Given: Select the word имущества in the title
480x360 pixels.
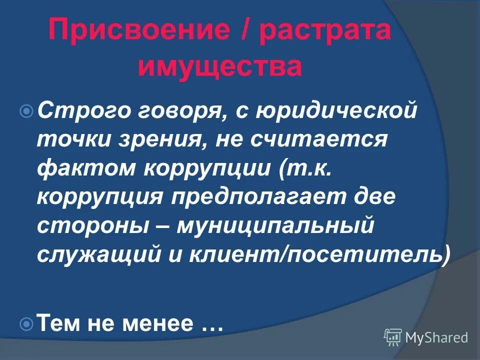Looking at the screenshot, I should (x=220, y=67).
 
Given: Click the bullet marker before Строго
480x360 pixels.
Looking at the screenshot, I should (x=28, y=109).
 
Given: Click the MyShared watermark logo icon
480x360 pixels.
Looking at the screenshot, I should (x=393, y=337).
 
